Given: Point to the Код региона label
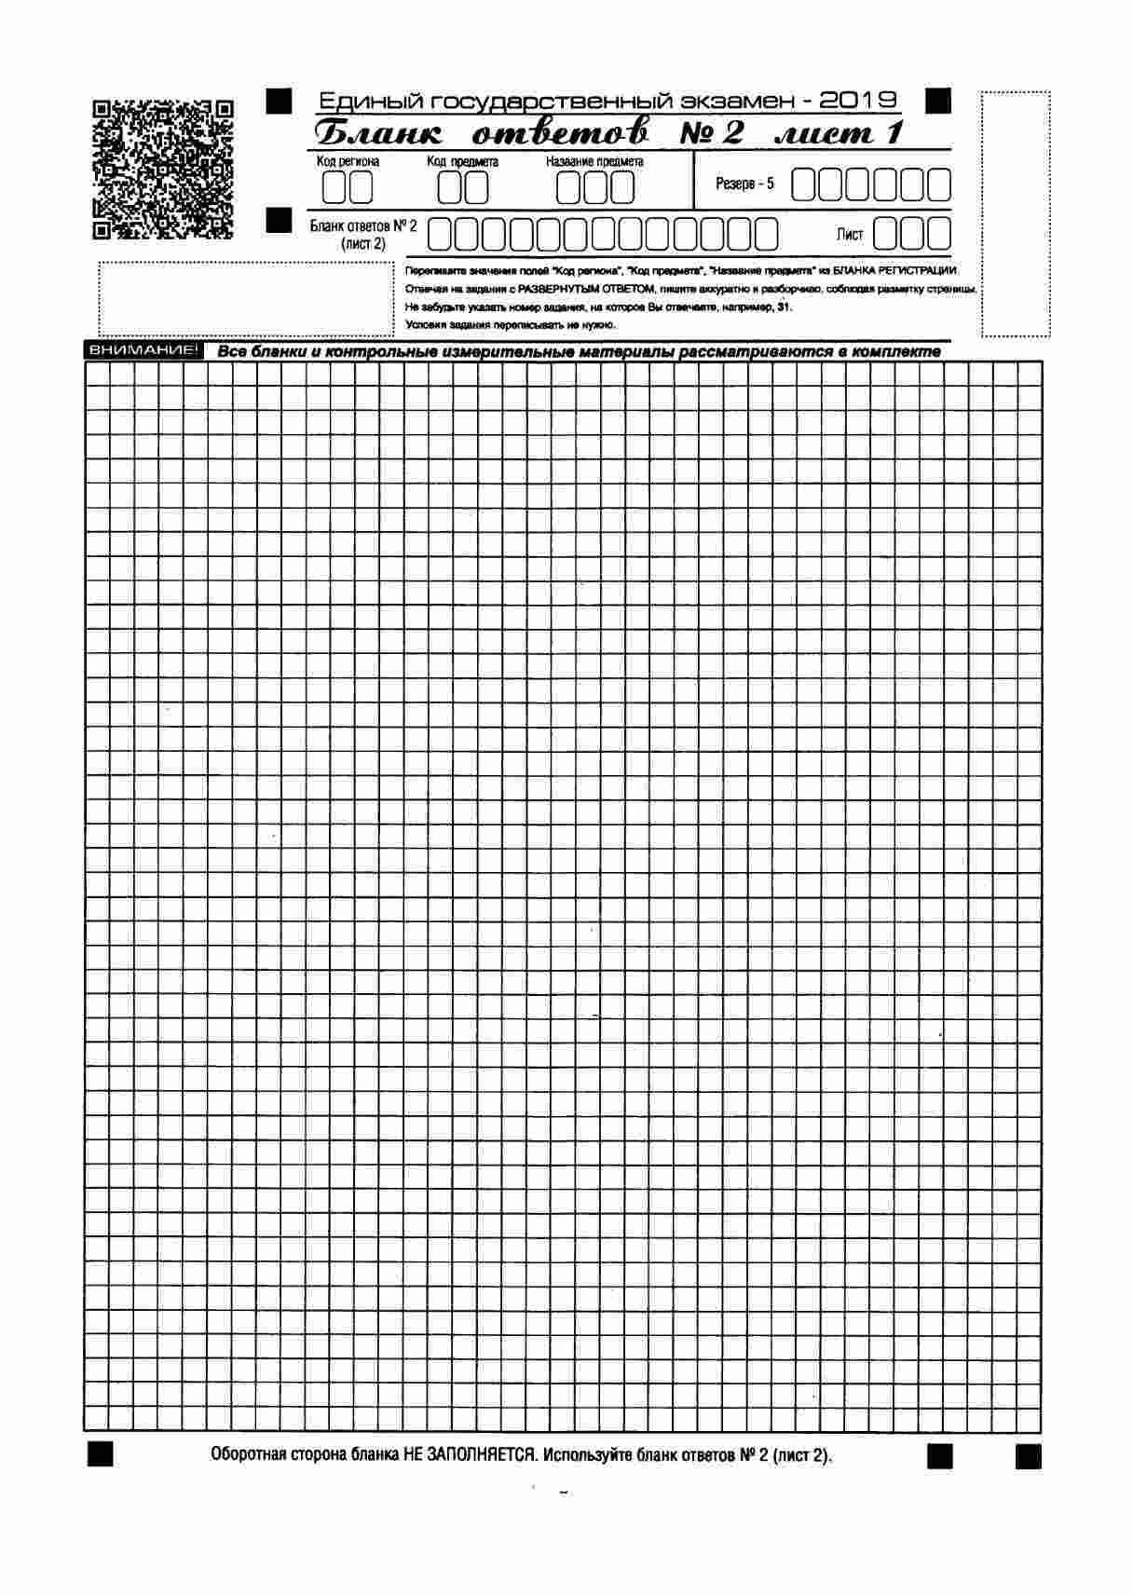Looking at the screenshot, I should click(348, 162).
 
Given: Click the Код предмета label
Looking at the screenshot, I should click(462, 162).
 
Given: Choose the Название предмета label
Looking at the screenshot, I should click(594, 162).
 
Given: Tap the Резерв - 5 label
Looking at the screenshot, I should click(744, 184).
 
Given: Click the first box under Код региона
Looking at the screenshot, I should click(334, 188).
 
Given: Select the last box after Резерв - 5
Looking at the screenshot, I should click(939, 185).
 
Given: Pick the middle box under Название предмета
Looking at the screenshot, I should click(596, 188).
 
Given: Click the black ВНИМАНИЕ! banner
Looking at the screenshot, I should click(142, 351).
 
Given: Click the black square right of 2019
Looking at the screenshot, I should click(939, 100).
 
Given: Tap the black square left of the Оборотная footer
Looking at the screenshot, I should click(100, 1454).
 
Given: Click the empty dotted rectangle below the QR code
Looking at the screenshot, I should click(246, 298).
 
